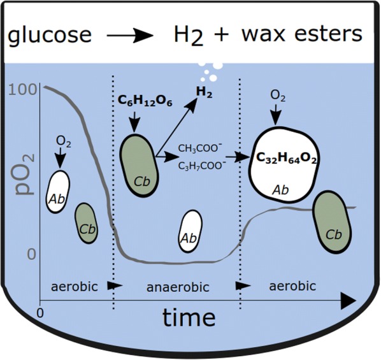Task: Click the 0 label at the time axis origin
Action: point(40,313)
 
